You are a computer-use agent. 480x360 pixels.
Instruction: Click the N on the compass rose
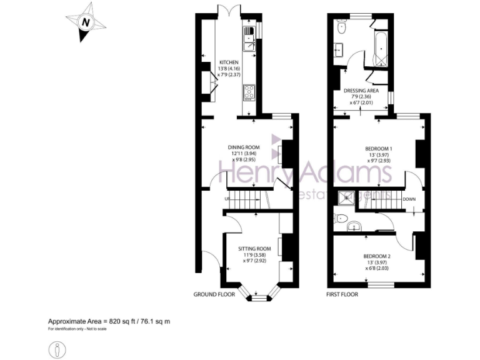click(86, 23)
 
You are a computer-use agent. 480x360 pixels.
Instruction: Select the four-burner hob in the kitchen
click(249, 92)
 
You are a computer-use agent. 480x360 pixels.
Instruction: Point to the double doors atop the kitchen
click(228, 11)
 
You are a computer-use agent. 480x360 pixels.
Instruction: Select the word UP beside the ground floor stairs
click(227, 199)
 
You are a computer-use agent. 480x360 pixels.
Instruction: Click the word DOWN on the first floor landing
click(409, 199)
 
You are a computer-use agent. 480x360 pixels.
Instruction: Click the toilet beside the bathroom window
click(341, 28)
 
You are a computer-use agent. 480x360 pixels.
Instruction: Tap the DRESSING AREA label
click(361, 91)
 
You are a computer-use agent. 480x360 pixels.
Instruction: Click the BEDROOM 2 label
click(379, 256)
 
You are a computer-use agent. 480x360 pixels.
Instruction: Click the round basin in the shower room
click(356, 226)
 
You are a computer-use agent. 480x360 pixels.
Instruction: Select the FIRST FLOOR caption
click(342, 294)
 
